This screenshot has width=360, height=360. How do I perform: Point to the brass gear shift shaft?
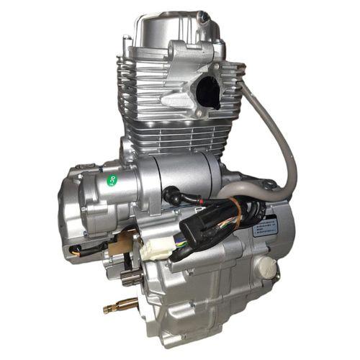point(120,307)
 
